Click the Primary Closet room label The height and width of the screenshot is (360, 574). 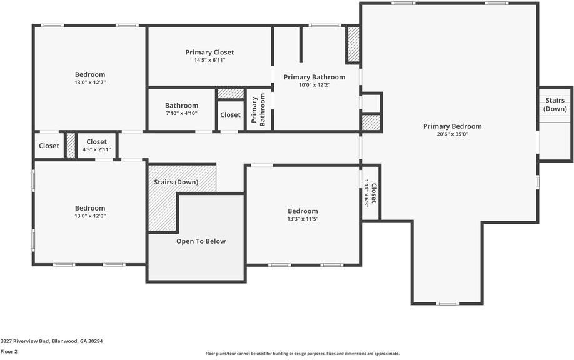click(x=209, y=52)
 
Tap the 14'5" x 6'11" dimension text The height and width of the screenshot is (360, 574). click(x=209, y=60)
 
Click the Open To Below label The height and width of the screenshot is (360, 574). click(x=201, y=241)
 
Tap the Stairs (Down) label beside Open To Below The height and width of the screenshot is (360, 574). click(x=176, y=182)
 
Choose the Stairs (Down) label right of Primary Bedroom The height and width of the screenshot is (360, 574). click(x=555, y=104)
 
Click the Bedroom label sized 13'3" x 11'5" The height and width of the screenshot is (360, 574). click(x=303, y=211)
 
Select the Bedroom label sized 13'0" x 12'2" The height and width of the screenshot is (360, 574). click(x=90, y=74)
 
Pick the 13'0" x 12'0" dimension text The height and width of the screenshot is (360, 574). click(x=90, y=216)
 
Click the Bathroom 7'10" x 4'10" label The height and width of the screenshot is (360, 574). click(x=181, y=106)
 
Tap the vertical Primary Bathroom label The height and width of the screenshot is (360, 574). click(x=258, y=111)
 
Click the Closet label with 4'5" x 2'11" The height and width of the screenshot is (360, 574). click(x=96, y=142)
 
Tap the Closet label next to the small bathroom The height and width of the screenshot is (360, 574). click(x=230, y=114)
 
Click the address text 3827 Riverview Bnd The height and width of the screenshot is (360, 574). click(x=51, y=341)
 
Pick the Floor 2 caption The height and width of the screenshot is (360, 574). click(x=9, y=352)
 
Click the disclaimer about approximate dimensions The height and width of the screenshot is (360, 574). click(x=302, y=354)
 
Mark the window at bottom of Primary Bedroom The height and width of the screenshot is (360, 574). click(x=446, y=304)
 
